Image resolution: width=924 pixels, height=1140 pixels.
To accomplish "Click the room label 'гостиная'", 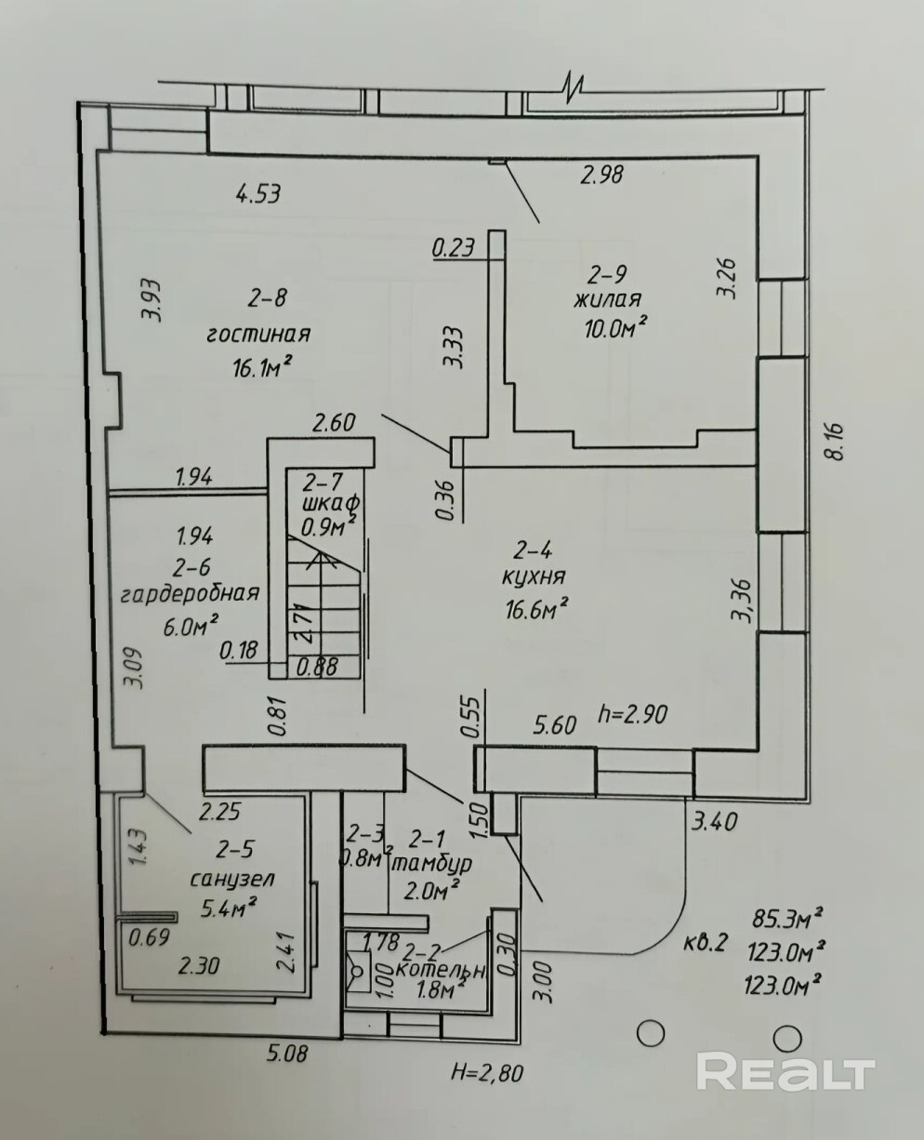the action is (257, 335).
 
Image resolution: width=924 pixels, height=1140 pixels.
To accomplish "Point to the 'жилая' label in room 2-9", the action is (607, 299).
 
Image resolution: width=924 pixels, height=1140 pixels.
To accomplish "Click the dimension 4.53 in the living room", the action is (258, 194).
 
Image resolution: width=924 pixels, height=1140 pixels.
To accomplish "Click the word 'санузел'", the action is (231, 879).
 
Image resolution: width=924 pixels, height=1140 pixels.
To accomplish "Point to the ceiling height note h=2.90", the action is (636, 714).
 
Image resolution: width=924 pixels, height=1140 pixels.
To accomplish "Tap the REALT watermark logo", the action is (785, 1072).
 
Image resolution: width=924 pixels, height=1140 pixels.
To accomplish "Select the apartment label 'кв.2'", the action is (704, 942).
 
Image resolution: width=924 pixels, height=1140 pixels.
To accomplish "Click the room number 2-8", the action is (267, 298).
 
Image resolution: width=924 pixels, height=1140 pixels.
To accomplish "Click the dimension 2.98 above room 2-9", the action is (601, 173).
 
